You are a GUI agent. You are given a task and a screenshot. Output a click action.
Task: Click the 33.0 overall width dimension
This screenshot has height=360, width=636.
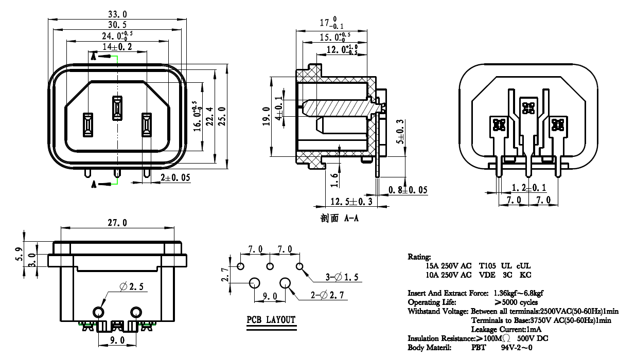117,14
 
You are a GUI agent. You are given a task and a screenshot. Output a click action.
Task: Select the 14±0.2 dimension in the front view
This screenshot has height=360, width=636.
117,46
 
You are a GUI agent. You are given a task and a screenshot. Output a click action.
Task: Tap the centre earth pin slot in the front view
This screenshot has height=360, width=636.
117,108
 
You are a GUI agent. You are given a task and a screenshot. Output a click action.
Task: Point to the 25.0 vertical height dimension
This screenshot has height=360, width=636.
222,116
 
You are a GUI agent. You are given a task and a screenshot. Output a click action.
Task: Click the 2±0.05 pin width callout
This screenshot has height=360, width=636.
175,177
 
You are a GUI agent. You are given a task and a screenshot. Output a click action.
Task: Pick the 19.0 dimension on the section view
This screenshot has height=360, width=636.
266,116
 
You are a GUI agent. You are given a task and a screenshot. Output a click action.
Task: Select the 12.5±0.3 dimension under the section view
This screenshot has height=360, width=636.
351,202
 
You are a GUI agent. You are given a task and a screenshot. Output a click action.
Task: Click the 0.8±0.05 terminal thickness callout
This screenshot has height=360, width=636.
408,190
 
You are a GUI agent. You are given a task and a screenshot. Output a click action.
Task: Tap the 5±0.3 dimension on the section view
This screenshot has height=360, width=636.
400,132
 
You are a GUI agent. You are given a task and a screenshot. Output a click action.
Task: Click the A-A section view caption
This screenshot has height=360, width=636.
339,218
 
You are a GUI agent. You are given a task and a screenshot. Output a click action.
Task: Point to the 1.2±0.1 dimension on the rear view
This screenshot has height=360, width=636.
528,188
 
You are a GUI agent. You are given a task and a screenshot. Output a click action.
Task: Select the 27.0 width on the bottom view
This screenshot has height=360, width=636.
117,223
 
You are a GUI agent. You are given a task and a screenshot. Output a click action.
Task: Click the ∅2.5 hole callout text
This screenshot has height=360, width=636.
131,286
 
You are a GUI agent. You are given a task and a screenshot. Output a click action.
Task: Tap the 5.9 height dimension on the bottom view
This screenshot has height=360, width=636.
19,254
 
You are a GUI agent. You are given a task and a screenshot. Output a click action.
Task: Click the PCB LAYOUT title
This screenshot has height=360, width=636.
271,320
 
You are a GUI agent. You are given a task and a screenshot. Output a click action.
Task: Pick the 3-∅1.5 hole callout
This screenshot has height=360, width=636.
342,277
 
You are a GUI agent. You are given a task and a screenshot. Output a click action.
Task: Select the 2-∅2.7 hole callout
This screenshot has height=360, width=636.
327,295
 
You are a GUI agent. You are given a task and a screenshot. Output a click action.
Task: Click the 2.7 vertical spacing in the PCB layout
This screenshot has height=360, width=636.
225,274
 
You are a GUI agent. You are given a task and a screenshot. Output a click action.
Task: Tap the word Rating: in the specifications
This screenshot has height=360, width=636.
419,257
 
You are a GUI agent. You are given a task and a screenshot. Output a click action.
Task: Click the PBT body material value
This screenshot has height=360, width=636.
479,348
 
